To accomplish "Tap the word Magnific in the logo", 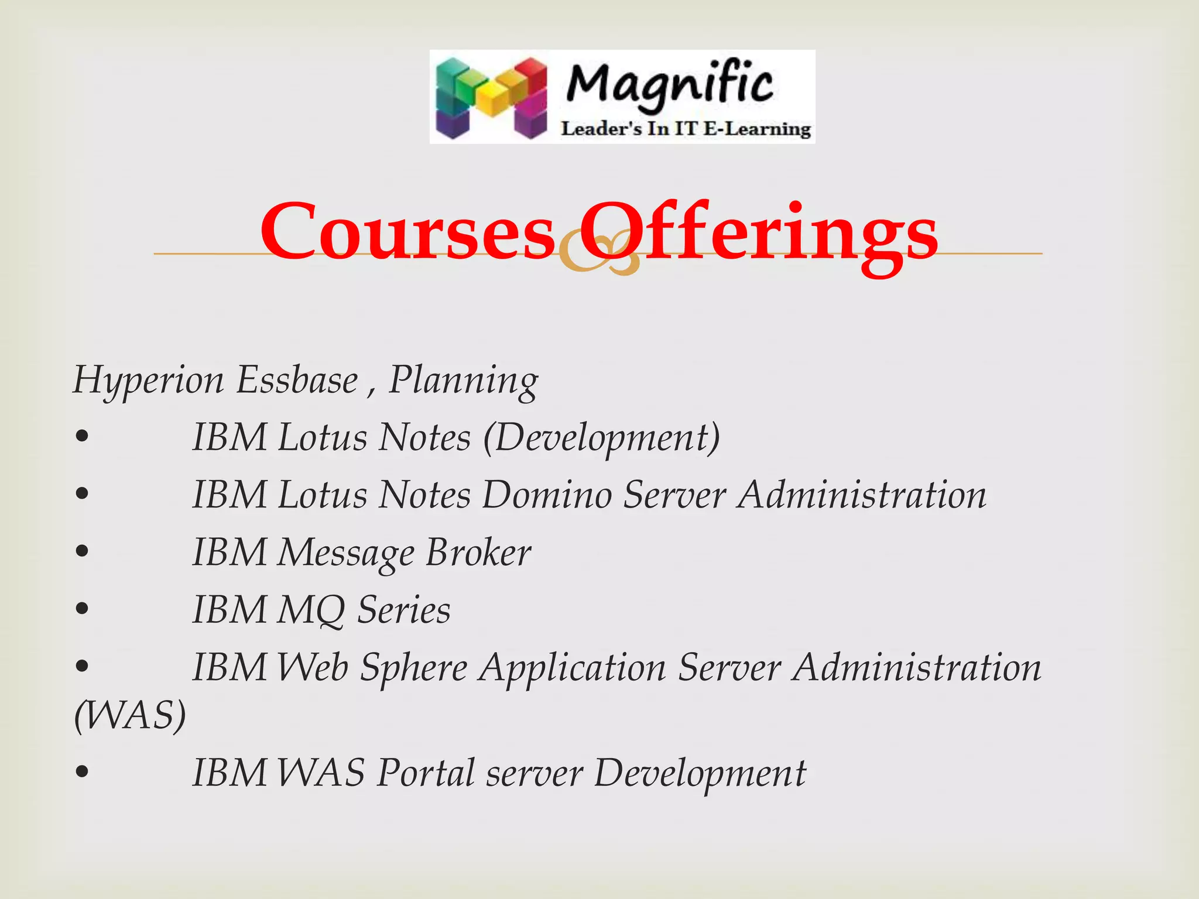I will tap(670, 85).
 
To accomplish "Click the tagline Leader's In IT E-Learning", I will tap(686, 129).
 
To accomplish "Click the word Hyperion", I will tap(148, 380).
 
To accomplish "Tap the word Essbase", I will tap(297, 380).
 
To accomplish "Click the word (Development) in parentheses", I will tap(601, 438).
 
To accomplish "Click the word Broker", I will tap(478, 553).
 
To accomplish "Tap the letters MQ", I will tap(310, 610).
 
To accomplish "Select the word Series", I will tap(404, 610).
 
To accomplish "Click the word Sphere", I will tap(413, 668).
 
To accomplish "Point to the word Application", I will tap(573, 668).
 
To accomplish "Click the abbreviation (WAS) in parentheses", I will tap(130, 715).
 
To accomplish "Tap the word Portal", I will tap(426, 773).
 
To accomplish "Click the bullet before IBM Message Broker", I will tap(82, 551).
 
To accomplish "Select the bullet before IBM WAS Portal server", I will tap(82, 772).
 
